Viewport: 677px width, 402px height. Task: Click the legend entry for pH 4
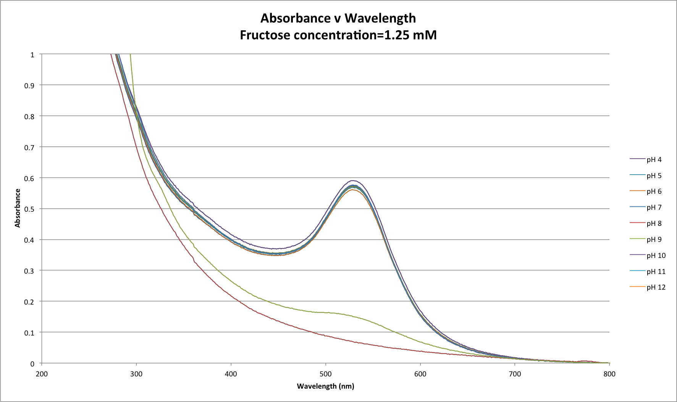[654, 160]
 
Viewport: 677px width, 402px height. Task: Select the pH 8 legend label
[654, 224]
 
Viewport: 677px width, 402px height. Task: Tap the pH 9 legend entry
[654, 240]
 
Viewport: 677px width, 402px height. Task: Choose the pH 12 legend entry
[656, 287]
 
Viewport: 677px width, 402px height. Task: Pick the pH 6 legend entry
[654, 191]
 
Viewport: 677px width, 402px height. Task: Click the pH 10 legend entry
[656, 256]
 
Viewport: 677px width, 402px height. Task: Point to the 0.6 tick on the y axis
[29, 178]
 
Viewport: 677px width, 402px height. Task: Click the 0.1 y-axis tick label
[29, 333]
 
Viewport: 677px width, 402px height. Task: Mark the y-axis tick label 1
[32, 55]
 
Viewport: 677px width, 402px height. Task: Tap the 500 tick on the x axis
[325, 374]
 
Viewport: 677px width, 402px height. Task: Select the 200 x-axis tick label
[42, 374]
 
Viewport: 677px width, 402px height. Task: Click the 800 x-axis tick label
[609, 374]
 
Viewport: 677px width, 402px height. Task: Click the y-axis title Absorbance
[18, 208]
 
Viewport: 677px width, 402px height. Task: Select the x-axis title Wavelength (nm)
[325, 386]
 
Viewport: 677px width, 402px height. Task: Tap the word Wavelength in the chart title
[380, 18]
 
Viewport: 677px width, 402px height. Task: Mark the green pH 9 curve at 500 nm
[325, 313]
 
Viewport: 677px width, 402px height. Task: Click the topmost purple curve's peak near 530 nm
[354, 180]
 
